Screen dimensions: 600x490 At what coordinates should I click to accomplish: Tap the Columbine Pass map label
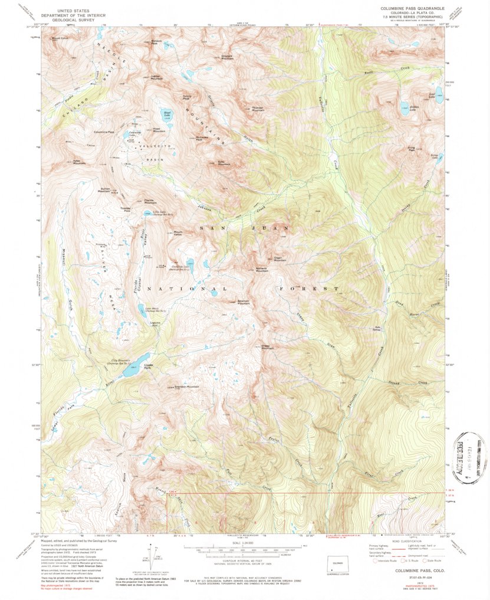[x=104, y=132]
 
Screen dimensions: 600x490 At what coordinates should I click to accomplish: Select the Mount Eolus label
[x=60, y=39]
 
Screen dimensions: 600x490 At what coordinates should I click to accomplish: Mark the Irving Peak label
[x=411, y=149]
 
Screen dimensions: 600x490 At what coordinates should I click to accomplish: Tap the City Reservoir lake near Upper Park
[x=134, y=360]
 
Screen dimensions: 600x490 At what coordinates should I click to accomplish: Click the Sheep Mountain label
[x=267, y=347]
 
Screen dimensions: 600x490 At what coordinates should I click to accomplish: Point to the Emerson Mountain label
[x=244, y=301]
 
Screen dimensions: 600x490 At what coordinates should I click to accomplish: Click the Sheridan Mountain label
[x=187, y=387]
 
